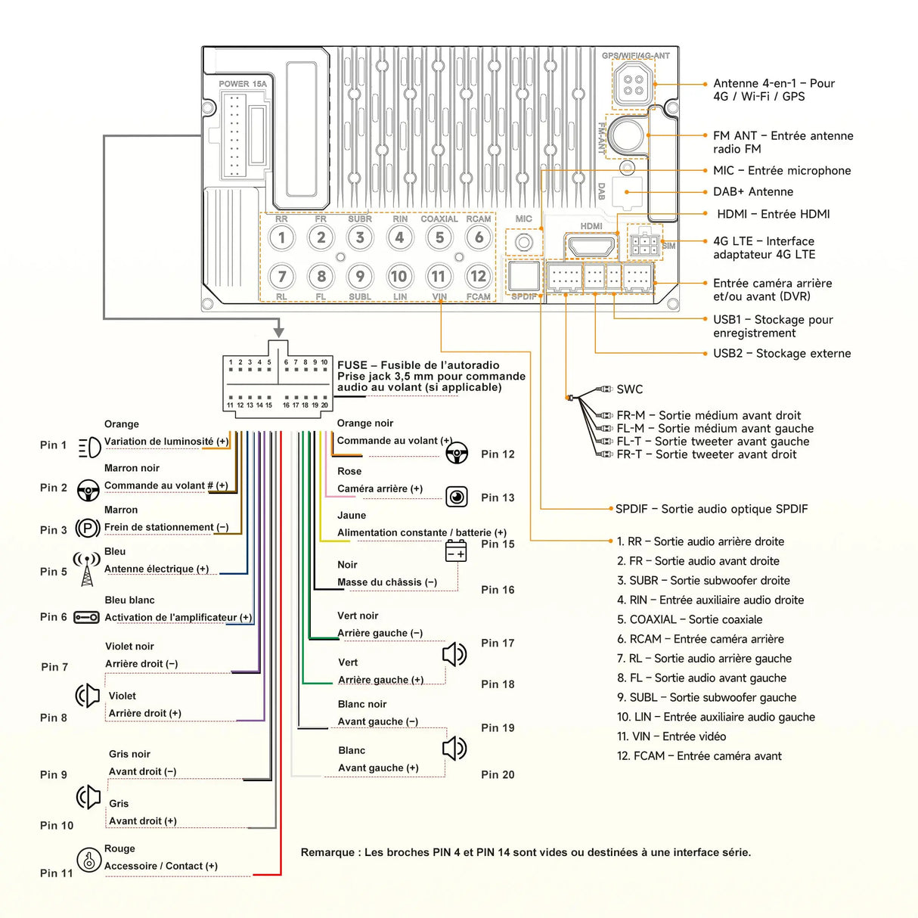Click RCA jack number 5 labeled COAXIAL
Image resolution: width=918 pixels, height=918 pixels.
[x=439, y=237]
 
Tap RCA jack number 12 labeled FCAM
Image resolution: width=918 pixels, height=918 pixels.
[x=478, y=277]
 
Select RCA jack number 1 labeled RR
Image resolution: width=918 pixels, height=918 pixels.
[x=282, y=237]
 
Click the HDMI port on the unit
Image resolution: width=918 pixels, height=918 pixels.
[x=591, y=247]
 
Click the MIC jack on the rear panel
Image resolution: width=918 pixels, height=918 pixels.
[x=523, y=243]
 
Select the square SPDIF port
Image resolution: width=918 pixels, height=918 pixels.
[x=523, y=276]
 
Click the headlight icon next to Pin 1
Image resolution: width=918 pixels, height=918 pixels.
[x=89, y=447]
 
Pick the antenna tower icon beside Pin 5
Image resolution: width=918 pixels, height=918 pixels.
[x=87, y=569]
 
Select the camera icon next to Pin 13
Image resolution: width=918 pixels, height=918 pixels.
[x=456, y=497]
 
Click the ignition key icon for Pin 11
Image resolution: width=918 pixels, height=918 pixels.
[x=89, y=860]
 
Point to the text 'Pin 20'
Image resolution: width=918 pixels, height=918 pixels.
[x=498, y=774]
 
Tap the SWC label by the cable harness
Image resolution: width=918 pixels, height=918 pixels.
[x=629, y=389]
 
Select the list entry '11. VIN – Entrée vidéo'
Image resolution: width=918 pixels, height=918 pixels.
[x=671, y=737]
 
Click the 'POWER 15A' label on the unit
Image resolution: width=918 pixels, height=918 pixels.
[x=243, y=84]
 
